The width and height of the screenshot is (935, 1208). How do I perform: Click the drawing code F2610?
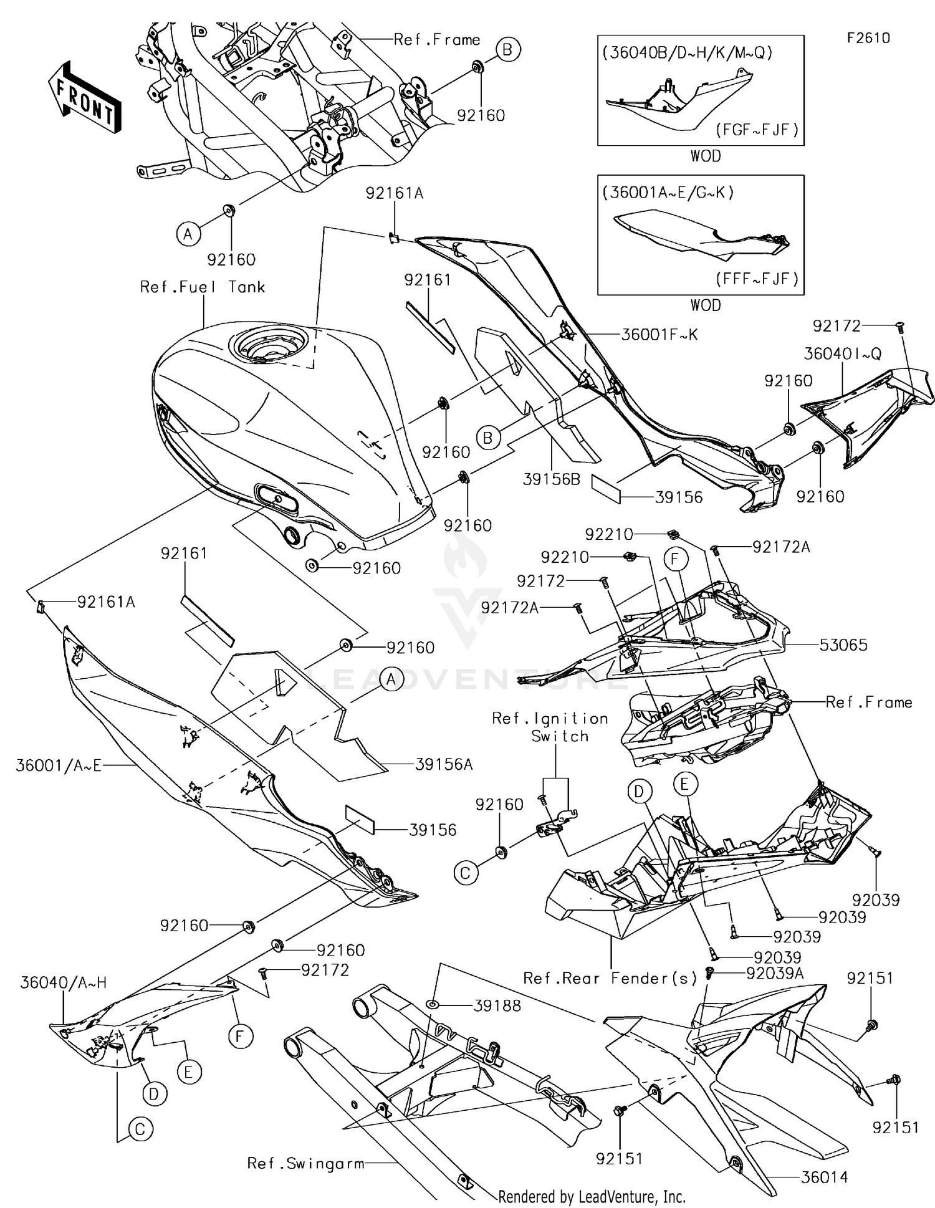coord(868,38)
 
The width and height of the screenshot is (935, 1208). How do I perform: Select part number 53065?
coord(843,645)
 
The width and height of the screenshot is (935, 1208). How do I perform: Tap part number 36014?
coord(824,1177)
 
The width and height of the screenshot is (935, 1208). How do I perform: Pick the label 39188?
coord(497,1005)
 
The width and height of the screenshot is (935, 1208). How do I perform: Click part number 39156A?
coord(444,764)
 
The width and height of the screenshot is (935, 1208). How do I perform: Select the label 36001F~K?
coord(659,335)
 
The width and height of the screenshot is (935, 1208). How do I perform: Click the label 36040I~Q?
coord(843,353)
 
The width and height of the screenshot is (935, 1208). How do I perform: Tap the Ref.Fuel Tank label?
coord(203,287)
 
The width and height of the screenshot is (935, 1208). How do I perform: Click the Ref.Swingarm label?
coord(305,1163)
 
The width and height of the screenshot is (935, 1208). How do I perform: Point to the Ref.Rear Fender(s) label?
coord(610,978)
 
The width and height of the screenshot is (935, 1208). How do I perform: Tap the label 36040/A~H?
coord(63,982)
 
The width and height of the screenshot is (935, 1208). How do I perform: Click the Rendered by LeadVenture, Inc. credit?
coord(592,1196)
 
